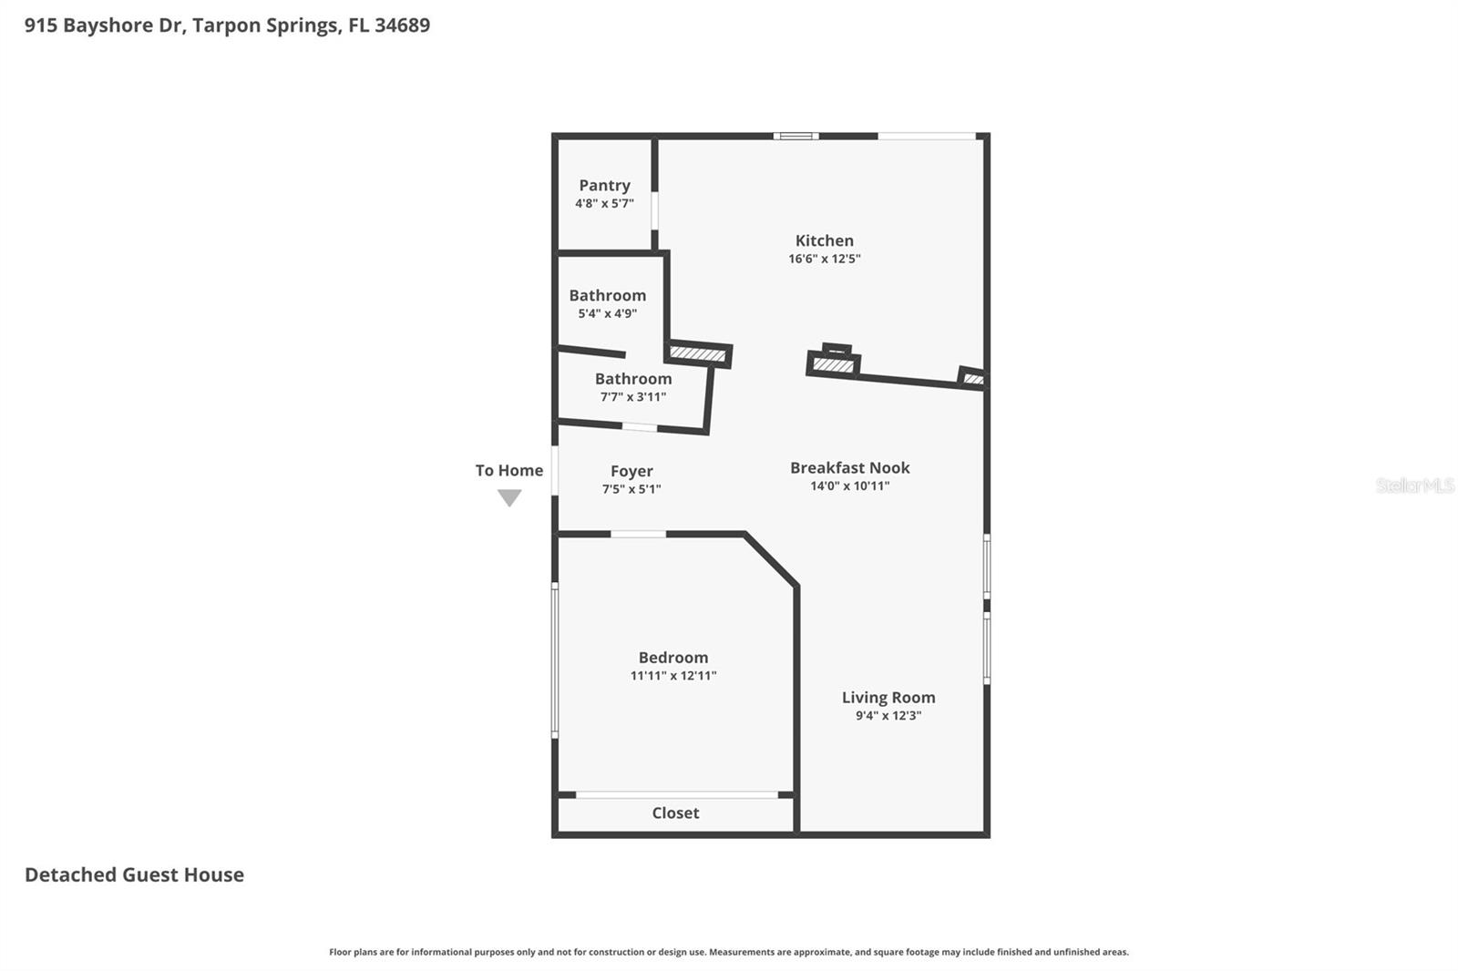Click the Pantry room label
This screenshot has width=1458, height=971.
pyautogui.click(x=604, y=185)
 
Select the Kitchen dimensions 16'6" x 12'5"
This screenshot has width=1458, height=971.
pyautogui.click(x=824, y=259)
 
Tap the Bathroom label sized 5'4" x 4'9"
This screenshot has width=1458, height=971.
pyautogui.click(x=607, y=295)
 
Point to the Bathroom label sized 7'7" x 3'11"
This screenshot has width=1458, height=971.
pyautogui.click(x=632, y=379)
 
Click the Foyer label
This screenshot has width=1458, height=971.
pyautogui.click(x=631, y=471)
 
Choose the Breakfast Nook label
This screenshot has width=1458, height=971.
pyautogui.click(x=849, y=467)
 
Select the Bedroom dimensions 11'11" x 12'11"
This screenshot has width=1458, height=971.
pyautogui.click(x=673, y=676)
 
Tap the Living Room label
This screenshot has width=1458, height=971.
pyautogui.click(x=888, y=698)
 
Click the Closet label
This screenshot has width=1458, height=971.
pyautogui.click(x=675, y=813)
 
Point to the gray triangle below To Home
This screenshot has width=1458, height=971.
pyautogui.click(x=509, y=497)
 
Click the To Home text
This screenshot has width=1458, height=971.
pyautogui.click(x=508, y=470)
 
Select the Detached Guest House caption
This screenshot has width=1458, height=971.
pyautogui.click(x=134, y=874)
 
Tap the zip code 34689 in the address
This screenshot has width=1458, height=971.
pyautogui.click(x=402, y=26)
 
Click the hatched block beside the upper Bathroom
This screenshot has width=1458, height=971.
pyautogui.click(x=698, y=353)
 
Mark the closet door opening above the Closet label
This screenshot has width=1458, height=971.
pyautogui.click(x=677, y=795)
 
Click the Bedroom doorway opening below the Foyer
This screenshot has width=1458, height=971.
pyautogui.click(x=638, y=534)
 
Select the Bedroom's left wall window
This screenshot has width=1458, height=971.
pyautogui.click(x=555, y=660)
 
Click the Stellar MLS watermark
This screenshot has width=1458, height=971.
pyautogui.click(x=1414, y=485)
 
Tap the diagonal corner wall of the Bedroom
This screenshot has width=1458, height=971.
pyautogui.click(x=771, y=559)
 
